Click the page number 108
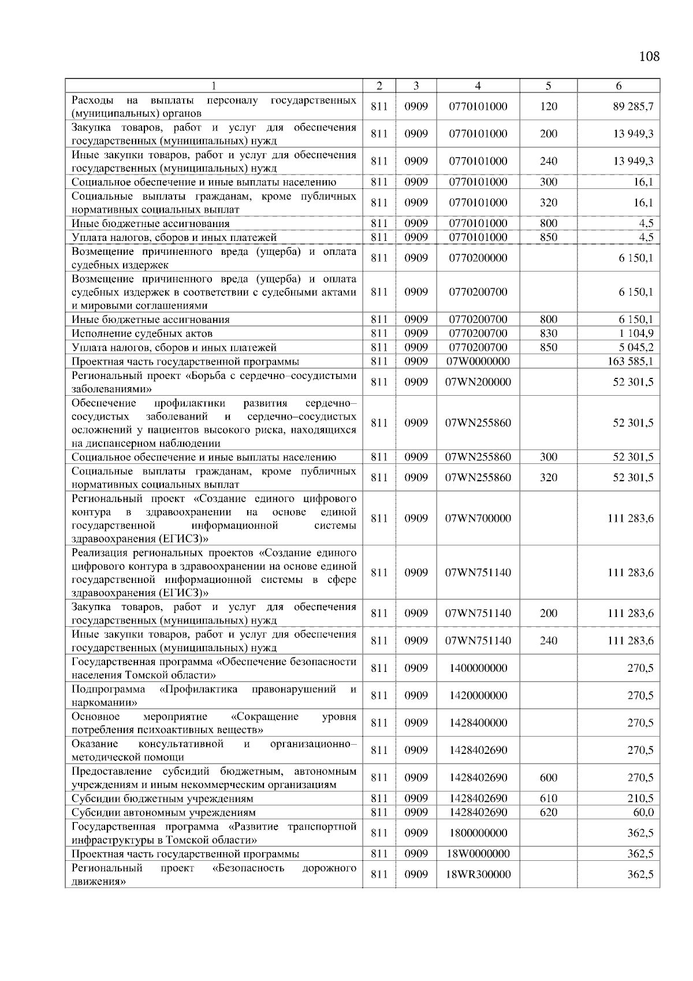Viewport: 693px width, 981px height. (649, 57)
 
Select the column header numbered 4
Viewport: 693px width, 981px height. (478, 86)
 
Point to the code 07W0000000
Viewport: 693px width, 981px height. (478, 362)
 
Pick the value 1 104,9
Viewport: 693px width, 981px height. (635, 333)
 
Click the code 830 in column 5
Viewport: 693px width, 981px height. (548, 333)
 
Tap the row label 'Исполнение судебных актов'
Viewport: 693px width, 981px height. (142, 333)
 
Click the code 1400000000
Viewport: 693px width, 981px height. (478, 668)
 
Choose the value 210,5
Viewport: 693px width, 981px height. (640, 798)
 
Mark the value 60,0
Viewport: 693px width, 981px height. (643, 812)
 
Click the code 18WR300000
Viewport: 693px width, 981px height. (478, 875)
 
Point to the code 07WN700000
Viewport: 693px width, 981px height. (478, 519)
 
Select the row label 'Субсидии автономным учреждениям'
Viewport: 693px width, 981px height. (163, 812)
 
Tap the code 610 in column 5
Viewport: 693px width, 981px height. (548, 798)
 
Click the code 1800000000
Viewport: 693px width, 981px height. (478, 833)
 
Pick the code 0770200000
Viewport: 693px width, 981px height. (478, 258)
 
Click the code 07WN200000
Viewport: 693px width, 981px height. (478, 382)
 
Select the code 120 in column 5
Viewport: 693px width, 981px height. (548, 106)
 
